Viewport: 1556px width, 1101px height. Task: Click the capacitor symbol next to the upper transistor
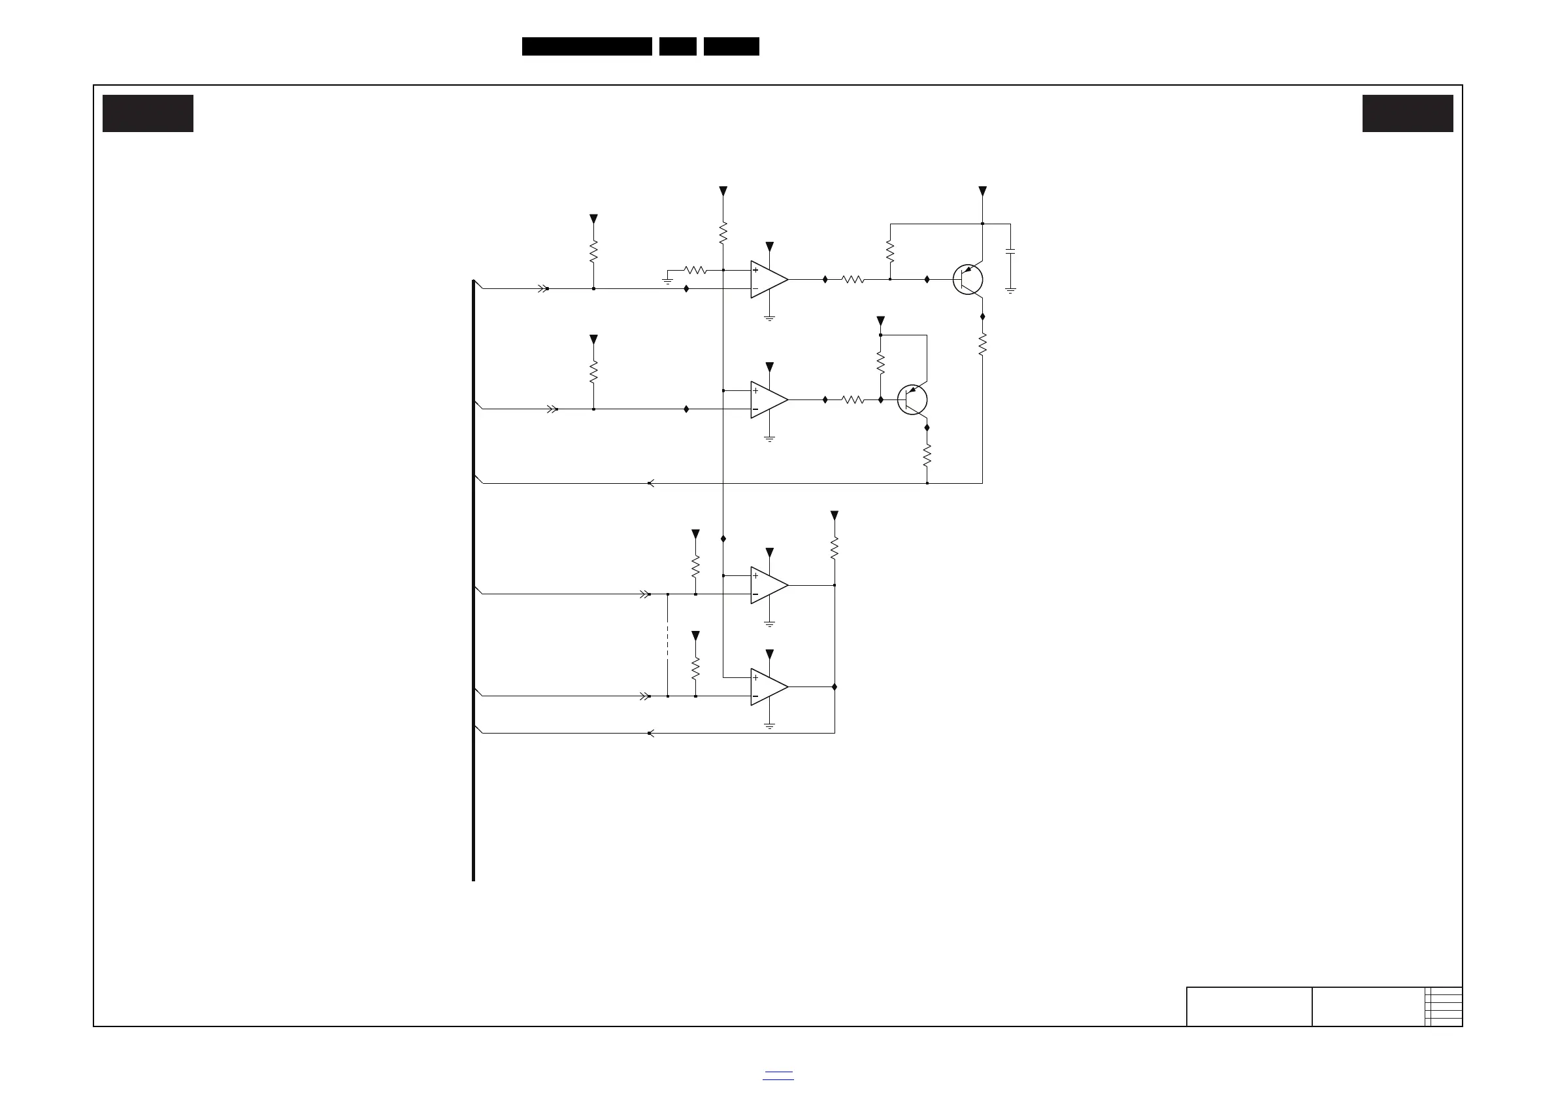tap(1010, 252)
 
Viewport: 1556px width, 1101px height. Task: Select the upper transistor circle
tap(968, 279)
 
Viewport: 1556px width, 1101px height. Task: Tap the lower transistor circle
tap(912, 400)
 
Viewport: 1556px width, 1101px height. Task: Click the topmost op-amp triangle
tap(769, 279)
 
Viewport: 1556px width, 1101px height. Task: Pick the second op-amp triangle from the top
tap(769, 400)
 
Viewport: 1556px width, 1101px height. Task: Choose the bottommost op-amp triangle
tap(769, 686)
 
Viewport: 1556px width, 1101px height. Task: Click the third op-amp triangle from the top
tap(769, 585)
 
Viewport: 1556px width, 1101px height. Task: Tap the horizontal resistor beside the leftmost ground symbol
tap(695, 270)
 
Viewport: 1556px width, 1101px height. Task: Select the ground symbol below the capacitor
tap(1010, 290)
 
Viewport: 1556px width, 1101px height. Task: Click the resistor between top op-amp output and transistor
tap(853, 279)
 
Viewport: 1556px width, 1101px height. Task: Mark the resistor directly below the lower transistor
tap(927, 455)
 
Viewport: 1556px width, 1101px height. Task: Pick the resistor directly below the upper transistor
tap(983, 345)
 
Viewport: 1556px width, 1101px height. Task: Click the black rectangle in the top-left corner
tap(148, 113)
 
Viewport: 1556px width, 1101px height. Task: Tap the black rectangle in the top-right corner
tap(1408, 113)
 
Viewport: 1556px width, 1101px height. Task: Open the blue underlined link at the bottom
tap(778, 1076)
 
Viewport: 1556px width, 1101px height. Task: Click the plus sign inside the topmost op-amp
tap(755, 271)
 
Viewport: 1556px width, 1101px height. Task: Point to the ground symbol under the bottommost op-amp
tap(769, 726)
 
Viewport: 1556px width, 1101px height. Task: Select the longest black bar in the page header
tap(587, 46)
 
